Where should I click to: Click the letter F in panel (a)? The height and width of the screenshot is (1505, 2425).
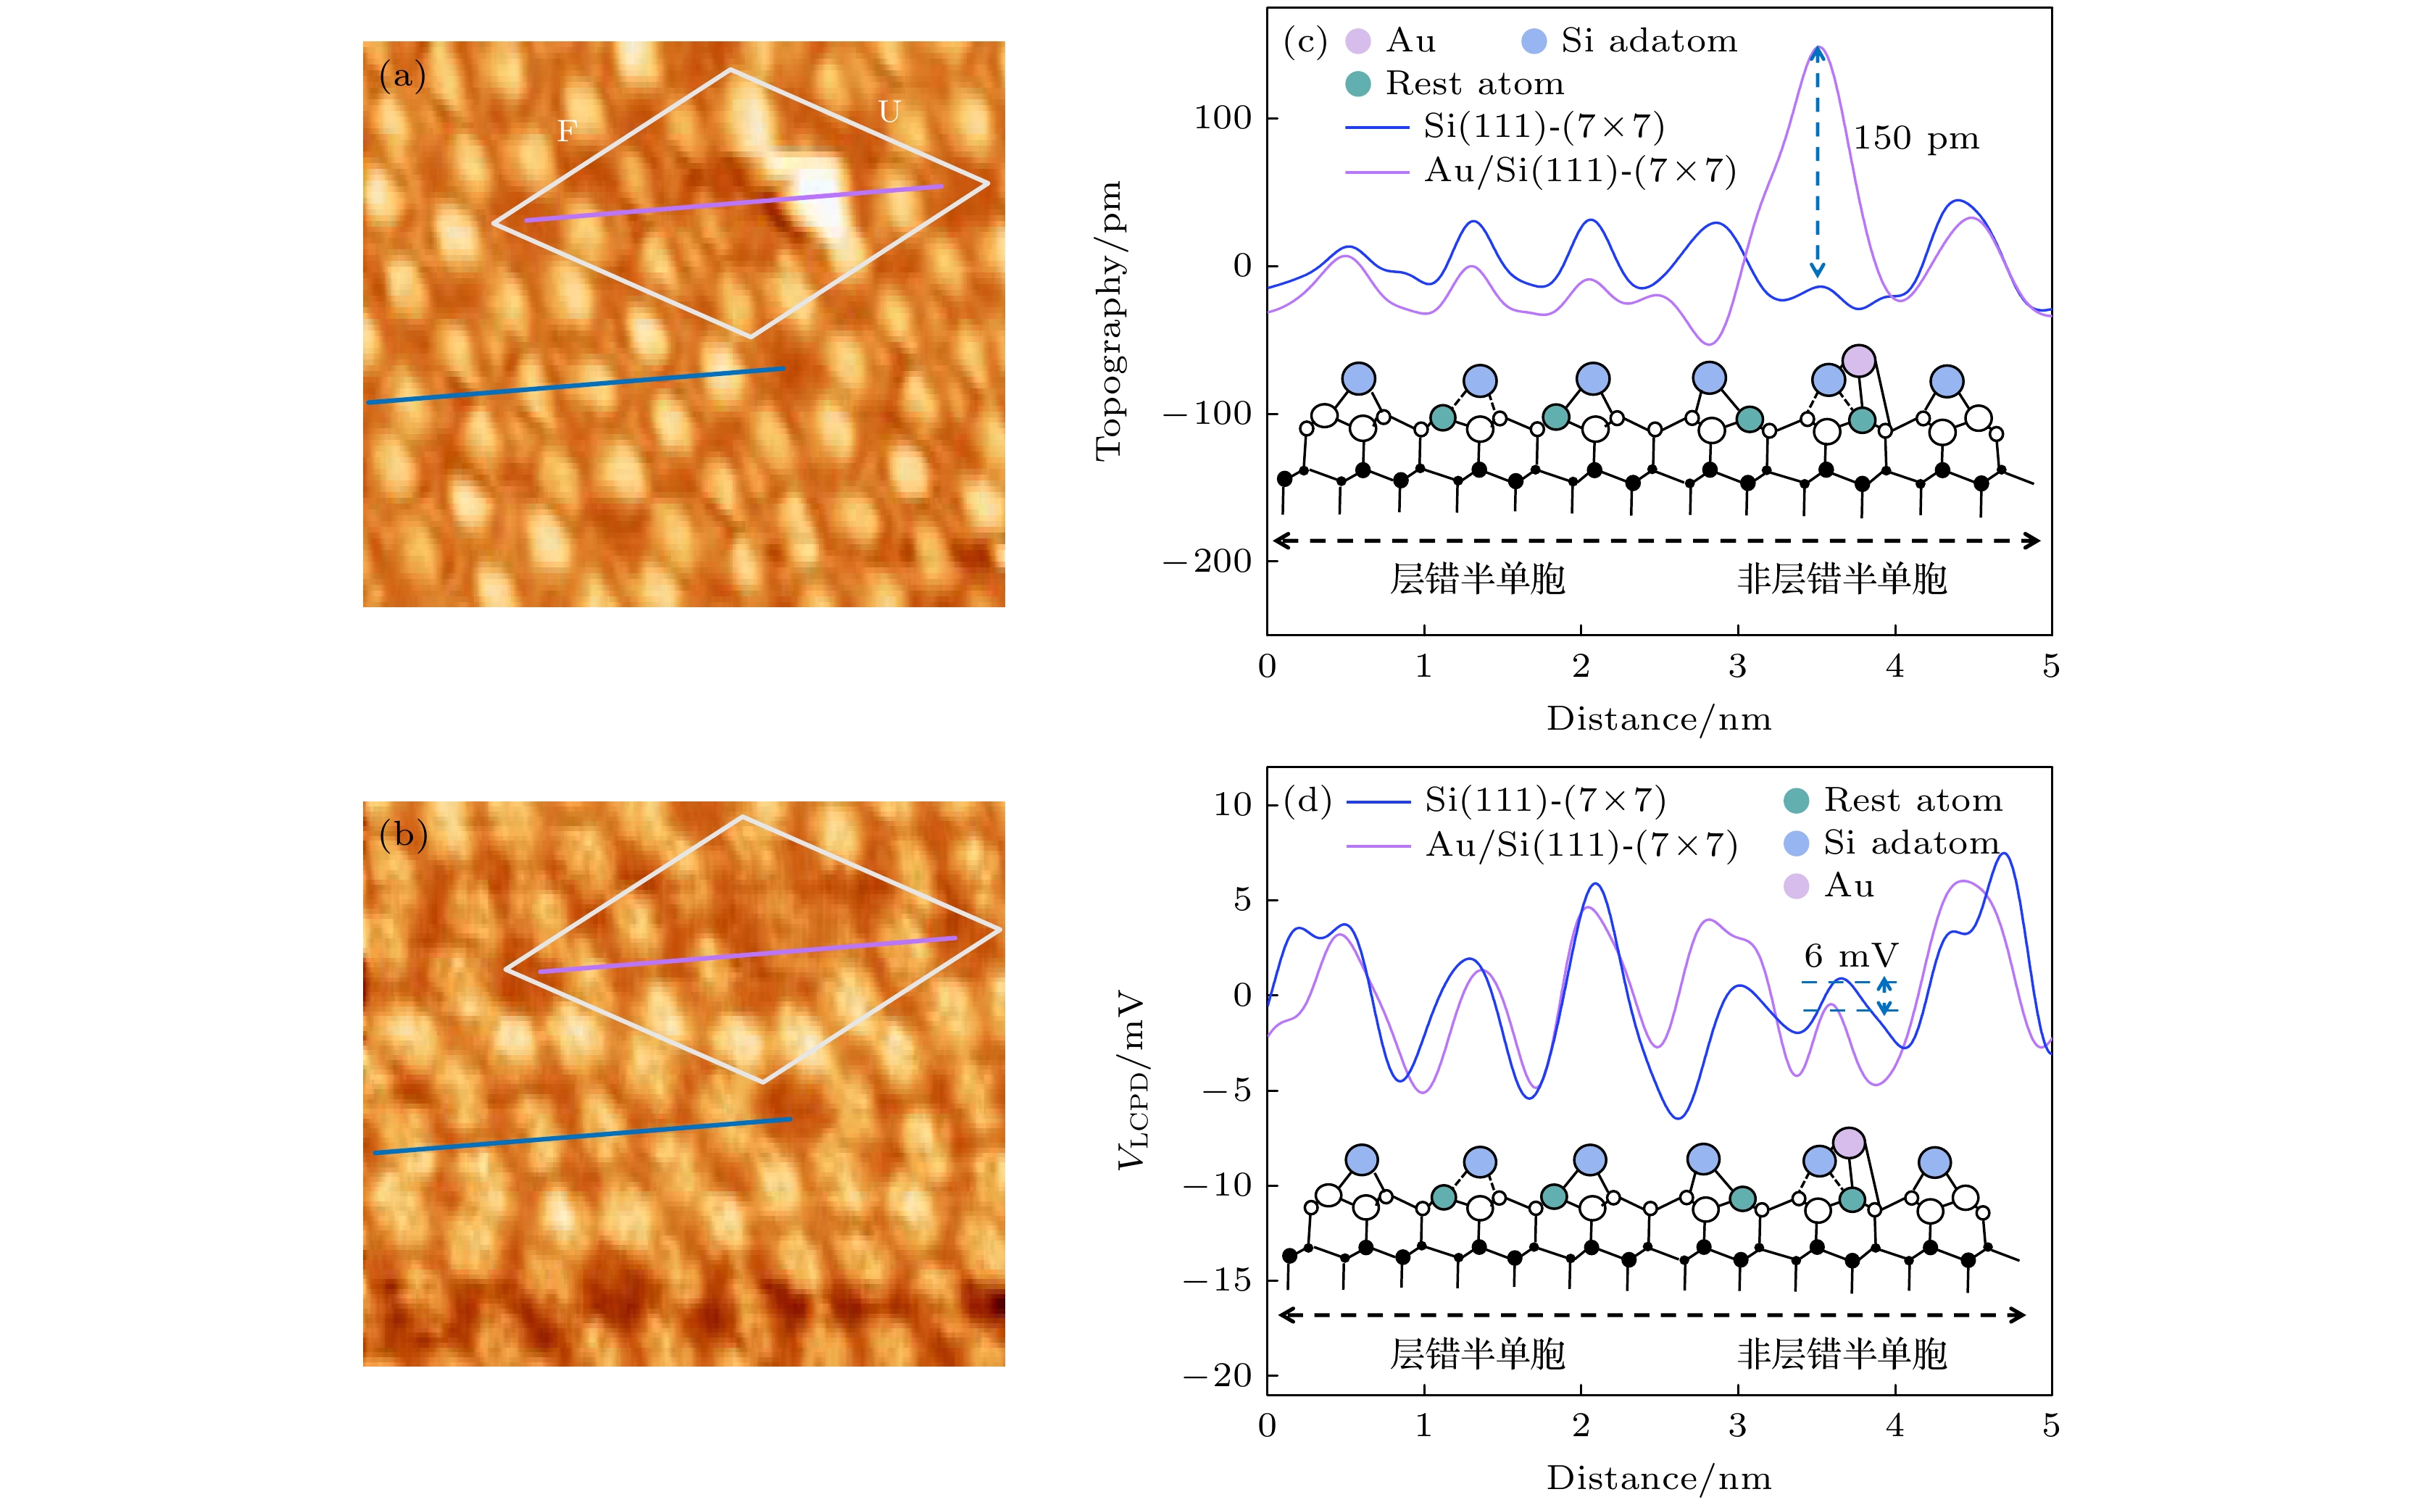[x=567, y=130]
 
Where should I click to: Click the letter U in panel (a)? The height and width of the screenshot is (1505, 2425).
[x=889, y=112]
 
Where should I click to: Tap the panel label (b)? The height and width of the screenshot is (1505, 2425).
[x=403, y=834]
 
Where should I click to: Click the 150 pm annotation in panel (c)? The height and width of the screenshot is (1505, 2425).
[x=1916, y=138]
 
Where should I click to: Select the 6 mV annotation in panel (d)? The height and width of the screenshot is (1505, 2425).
[x=1850, y=956]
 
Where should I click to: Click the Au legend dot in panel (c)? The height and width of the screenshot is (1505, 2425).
[x=1358, y=41]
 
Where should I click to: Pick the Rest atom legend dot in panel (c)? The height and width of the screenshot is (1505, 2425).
[x=1358, y=83]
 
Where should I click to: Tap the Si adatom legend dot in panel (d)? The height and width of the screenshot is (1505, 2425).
[x=1796, y=844]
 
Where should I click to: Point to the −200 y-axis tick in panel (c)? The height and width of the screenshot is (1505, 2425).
[x=1207, y=562]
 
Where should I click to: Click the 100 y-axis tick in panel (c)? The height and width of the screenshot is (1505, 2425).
[x=1223, y=118]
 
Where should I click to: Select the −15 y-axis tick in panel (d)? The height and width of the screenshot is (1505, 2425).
[x=1216, y=1280]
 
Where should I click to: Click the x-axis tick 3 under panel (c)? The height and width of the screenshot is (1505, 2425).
[x=1737, y=666]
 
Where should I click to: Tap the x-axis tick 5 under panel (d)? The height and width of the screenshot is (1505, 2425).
[x=2051, y=1425]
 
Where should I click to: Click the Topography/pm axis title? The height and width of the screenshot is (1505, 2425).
[x=1108, y=320]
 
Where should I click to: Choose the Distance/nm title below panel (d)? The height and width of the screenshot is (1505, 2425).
[x=1658, y=1478]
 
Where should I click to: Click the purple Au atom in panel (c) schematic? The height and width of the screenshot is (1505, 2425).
[x=1858, y=360]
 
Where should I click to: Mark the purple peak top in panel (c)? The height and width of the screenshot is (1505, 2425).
[x=1818, y=48]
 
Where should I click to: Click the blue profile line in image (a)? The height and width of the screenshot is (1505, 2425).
[x=575, y=385]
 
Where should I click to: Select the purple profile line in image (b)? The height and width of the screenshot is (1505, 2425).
[x=746, y=954]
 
